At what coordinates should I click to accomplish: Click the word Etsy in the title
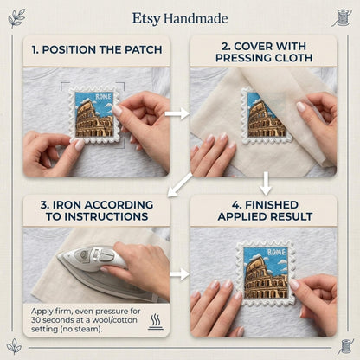pos(146,19)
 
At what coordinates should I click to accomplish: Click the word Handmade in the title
pos(196,19)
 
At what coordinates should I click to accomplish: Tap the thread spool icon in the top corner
pos(343,18)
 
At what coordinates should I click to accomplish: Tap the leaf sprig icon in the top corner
pos(16,18)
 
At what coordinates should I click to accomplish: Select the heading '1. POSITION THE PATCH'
pos(97,49)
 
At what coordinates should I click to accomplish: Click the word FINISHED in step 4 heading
pos(272,205)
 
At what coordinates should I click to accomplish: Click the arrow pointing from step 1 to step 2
pos(177,113)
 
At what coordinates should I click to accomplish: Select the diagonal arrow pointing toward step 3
pos(179,185)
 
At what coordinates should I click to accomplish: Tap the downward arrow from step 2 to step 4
pos(266,183)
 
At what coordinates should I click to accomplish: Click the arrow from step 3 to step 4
pos(179,273)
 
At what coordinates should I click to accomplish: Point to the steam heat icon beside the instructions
pos(156,322)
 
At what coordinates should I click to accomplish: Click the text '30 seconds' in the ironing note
pos(49,320)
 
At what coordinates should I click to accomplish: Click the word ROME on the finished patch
pos(276,252)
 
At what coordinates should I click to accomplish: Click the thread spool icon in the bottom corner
pos(345,346)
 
